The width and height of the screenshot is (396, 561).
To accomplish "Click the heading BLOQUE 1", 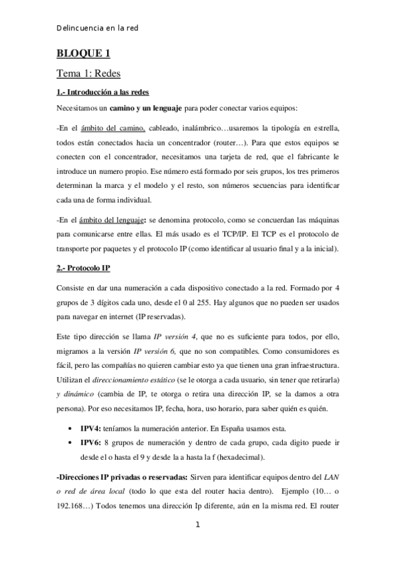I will [x=83, y=54].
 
